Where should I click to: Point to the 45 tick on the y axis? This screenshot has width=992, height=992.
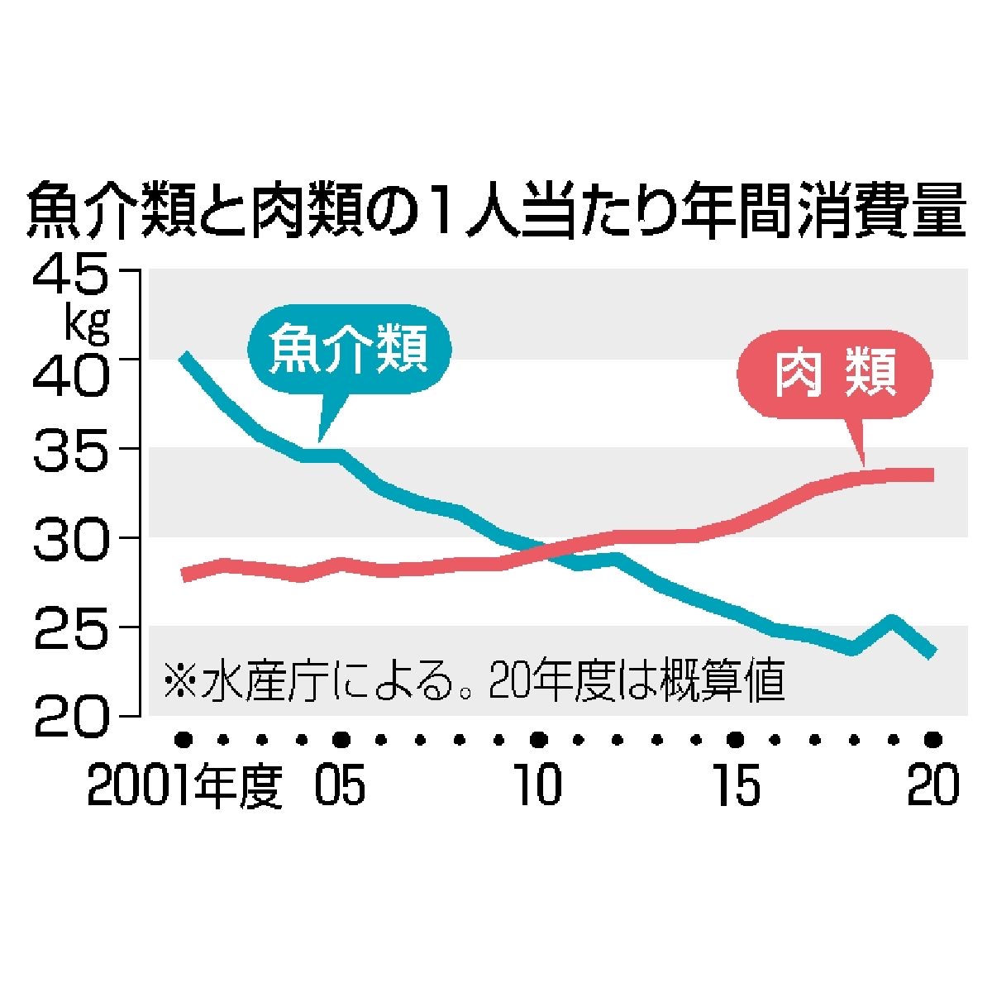pyautogui.click(x=69, y=274)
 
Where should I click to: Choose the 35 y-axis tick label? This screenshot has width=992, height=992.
pyautogui.click(x=69, y=450)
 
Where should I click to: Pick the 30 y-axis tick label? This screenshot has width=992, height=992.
pyautogui.click(x=69, y=539)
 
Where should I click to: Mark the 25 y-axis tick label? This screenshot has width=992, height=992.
pyautogui.click(x=69, y=627)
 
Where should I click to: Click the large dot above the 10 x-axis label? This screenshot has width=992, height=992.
pyautogui.click(x=538, y=738)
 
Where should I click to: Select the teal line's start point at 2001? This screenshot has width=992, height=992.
pyautogui.click(x=185, y=358)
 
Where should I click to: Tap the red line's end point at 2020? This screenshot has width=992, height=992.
pyautogui.click(x=932, y=475)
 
